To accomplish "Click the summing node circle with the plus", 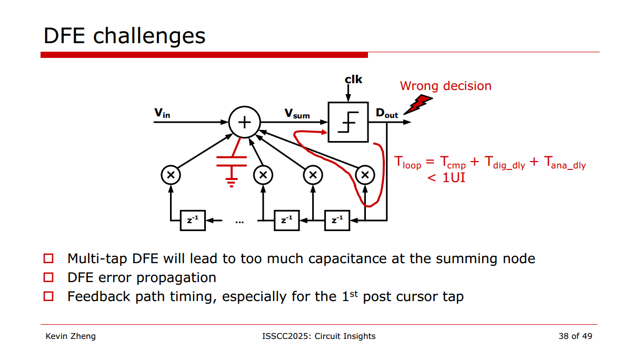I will coord(245,122).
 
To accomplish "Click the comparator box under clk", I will coord(348,122).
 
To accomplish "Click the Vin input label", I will coord(162,113).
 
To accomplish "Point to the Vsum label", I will coord(297,113).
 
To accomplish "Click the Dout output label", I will coord(386,113).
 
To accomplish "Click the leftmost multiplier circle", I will coord(171,175).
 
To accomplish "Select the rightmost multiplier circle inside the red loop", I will coord(364,175).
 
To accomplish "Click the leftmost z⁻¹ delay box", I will coord(193,221).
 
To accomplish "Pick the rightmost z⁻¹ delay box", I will coord(337,221).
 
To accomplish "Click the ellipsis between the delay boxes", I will coord(240,222).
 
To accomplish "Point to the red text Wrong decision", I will coord(445,86).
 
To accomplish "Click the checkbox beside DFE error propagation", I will coord(49,277).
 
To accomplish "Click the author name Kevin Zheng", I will coord(71,336).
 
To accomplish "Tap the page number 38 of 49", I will coord(575,336).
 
